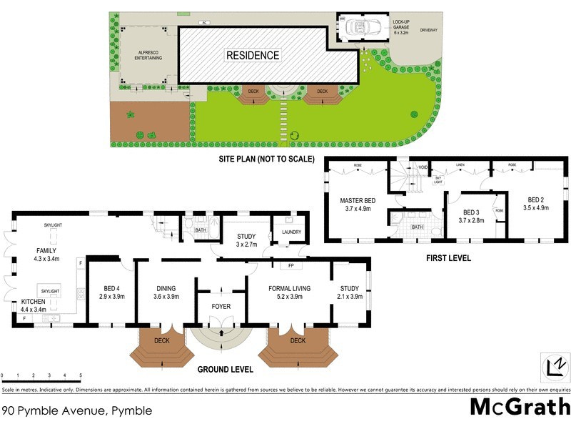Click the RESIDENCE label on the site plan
click(253, 55)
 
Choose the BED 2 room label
click(537, 204)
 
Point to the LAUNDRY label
click(291, 232)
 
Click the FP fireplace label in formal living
click(290, 266)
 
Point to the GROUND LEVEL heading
click(224, 370)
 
